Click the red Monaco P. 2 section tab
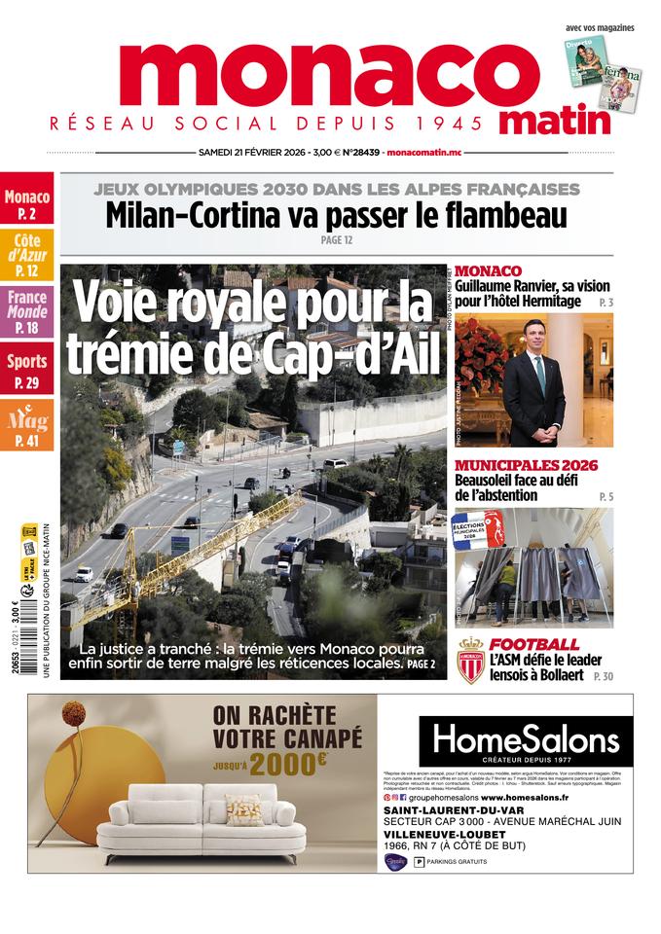pyautogui.click(x=27, y=203)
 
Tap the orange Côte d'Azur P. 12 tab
pyautogui.click(x=27, y=256)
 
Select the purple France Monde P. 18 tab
pyautogui.click(x=27, y=312)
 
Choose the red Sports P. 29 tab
pyautogui.click(x=27, y=371)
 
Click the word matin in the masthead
pyautogui.click(x=555, y=121)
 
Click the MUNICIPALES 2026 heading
pyautogui.click(x=526, y=465)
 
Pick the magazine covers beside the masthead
pyautogui.click(x=603, y=74)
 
